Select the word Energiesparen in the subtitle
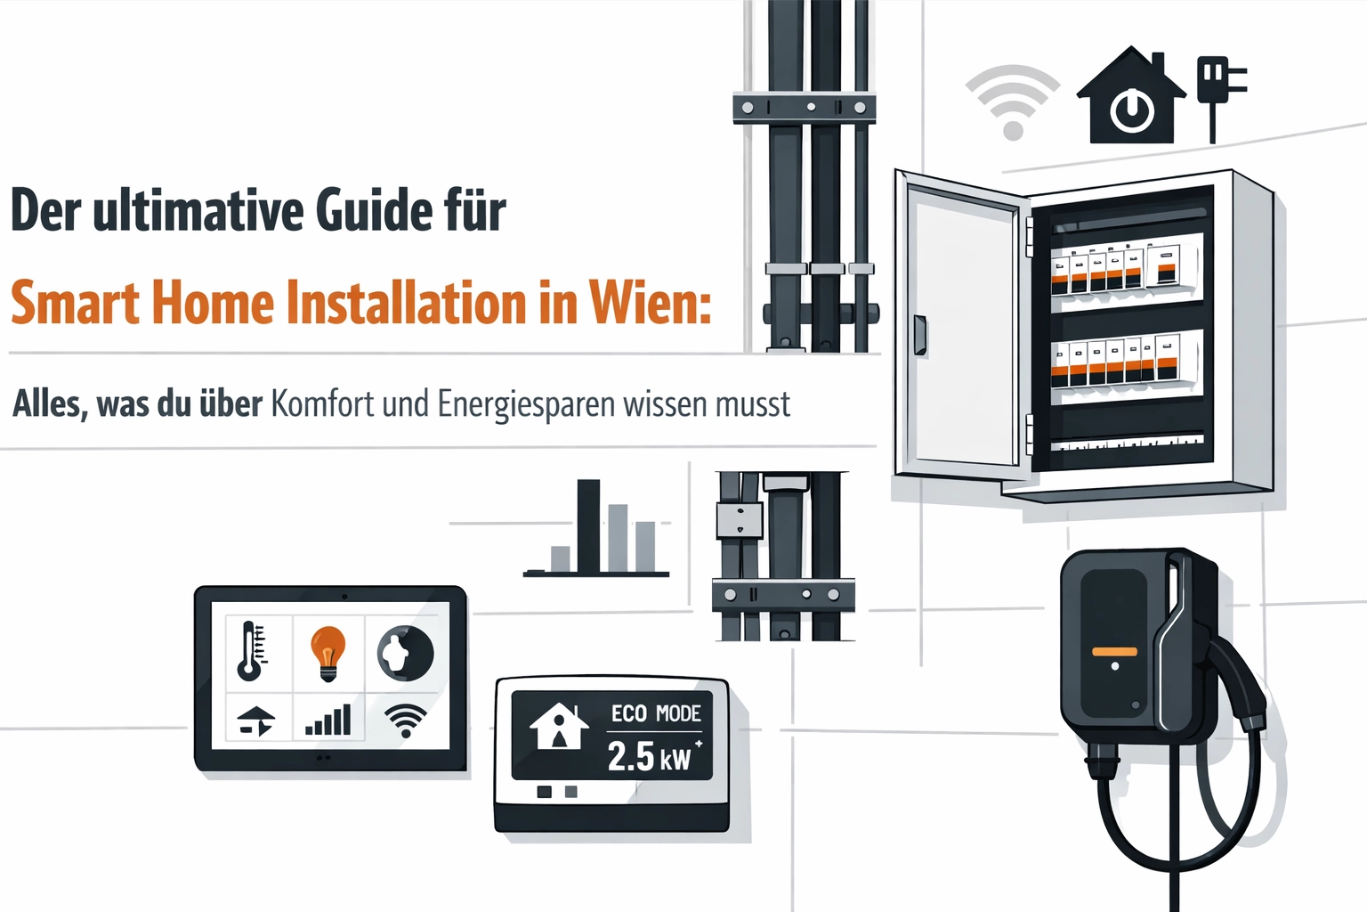526,405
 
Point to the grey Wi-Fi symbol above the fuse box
1013,103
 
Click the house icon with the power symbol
1131,95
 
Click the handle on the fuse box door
919,335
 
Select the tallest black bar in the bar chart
588,526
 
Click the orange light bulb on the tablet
328,654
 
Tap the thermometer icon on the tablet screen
252,651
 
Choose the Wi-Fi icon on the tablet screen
406,720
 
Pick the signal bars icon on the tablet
328,720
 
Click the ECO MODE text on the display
656,713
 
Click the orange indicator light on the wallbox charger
1114,652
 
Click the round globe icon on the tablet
406,654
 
